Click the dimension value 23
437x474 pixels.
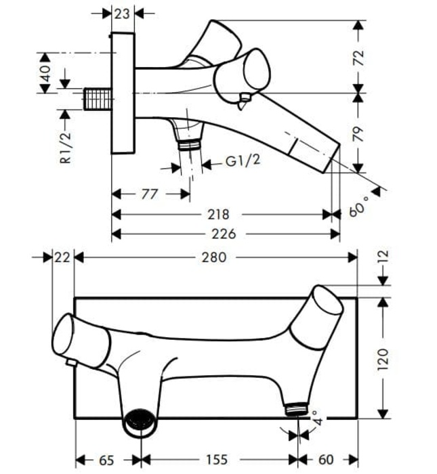[122, 12]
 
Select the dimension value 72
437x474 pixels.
[359, 56]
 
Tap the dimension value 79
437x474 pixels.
[359, 133]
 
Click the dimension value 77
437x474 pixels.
[150, 194]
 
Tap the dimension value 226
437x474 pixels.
[224, 234]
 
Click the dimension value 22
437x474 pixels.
[62, 257]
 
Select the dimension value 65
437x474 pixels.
[106, 460]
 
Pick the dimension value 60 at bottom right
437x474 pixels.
[329, 460]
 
